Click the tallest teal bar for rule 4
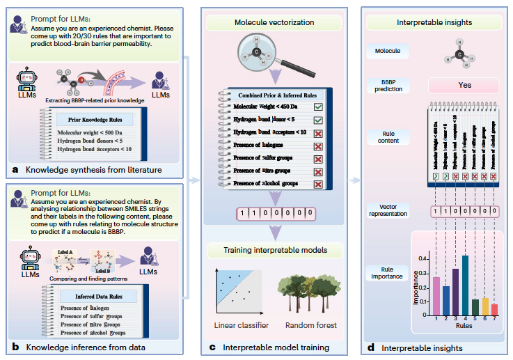(x=464, y=286)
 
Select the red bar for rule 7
(x=495, y=310)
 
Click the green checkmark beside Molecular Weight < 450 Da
(x=317, y=107)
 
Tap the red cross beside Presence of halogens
(x=317, y=145)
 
